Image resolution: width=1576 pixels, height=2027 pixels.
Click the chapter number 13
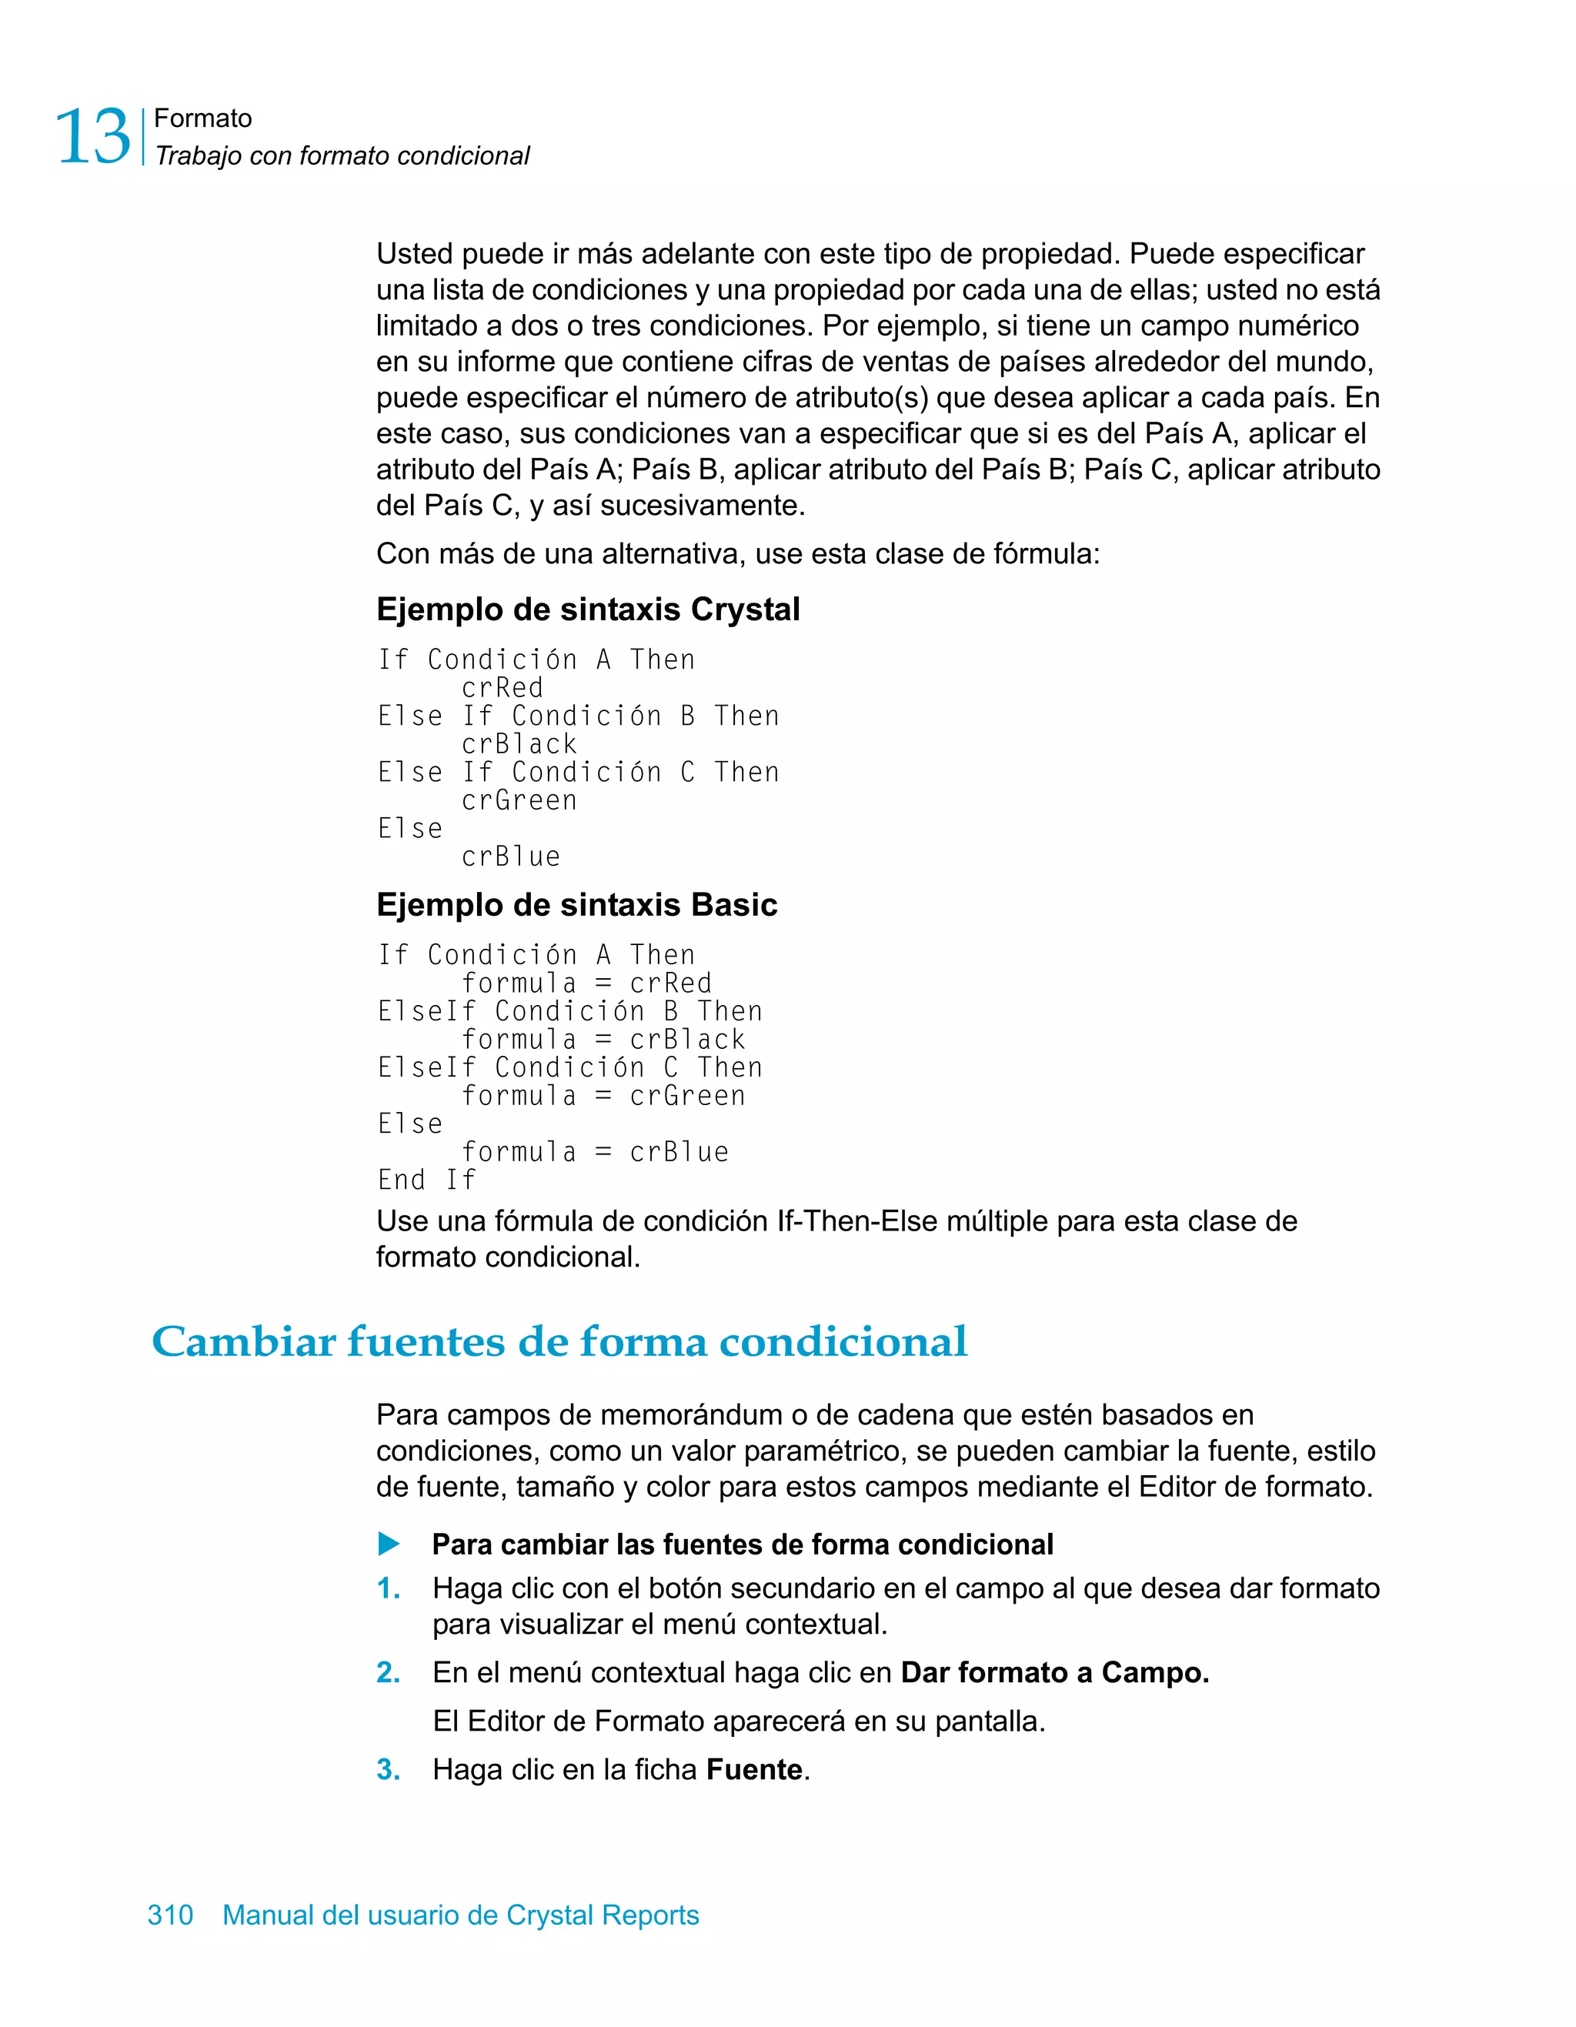tap(93, 137)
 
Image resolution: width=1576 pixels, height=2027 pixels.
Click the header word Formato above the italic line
tap(202, 118)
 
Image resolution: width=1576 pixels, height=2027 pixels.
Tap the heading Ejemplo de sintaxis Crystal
tap(587, 609)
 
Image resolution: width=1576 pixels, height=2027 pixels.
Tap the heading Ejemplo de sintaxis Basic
tap(576, 904)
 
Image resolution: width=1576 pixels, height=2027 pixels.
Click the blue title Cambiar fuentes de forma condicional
tap(559, 1341)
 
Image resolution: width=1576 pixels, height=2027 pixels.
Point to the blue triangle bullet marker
tap(389, 1544)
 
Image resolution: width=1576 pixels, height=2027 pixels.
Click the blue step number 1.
tap(388, 1588)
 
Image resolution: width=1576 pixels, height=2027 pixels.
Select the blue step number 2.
tap(388, 1672)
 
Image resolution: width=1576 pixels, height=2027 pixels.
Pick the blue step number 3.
tap(388, 1769)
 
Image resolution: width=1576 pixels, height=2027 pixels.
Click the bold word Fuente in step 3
tap(753, 1769)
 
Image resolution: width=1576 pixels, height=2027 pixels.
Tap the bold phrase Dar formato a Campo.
tap(1054, 1672)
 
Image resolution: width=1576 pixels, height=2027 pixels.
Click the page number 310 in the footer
tap(170, 1915)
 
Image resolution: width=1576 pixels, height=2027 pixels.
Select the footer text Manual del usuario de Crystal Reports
tap(460, 1915)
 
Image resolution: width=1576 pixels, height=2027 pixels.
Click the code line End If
tap(426, 1180)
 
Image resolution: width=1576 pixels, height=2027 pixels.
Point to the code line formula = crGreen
tap(603, 1095)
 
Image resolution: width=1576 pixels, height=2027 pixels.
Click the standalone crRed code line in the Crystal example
tap(503, 688)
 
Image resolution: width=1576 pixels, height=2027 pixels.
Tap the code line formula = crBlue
tap(595, 1152)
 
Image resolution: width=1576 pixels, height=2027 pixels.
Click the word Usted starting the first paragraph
tap(414, 253)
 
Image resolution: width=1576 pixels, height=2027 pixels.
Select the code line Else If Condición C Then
tap(577, 772)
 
